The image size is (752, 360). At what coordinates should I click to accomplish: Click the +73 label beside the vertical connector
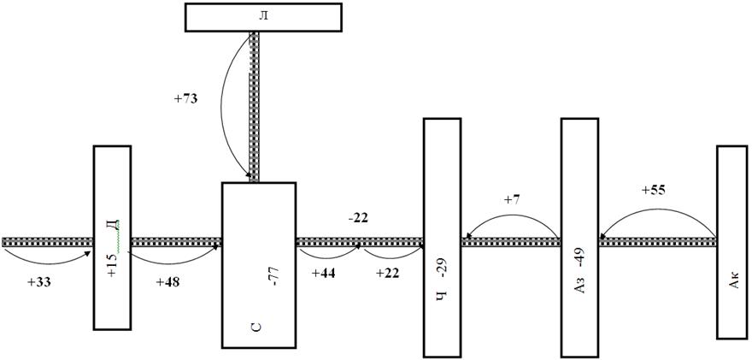click(x=185, y=100)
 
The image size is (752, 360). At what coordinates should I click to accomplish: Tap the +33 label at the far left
click(x=38, y=282)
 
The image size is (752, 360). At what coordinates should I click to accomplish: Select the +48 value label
click(x=167, y=282)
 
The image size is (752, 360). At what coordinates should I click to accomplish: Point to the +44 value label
click(x=324, y=273)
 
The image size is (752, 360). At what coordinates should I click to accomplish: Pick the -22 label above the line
click(x=358, y=218)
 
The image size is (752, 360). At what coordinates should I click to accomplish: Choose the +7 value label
click(x=512, y=200)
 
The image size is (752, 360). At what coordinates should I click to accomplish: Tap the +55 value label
click(x=654, y=190)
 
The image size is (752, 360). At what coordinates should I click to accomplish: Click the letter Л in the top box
click(x=263, y=16)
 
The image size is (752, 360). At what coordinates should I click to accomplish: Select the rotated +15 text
click(x=112, y=267)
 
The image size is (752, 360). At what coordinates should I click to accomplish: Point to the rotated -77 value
click(x=276, y=277)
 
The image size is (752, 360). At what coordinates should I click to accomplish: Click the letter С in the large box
click(x=256, y=328)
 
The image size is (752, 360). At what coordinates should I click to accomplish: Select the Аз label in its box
click(x=580, y=286)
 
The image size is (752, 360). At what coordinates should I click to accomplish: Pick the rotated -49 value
click(x=580, y=257)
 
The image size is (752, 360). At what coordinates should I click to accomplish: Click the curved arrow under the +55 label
click(x=658, y=209)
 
